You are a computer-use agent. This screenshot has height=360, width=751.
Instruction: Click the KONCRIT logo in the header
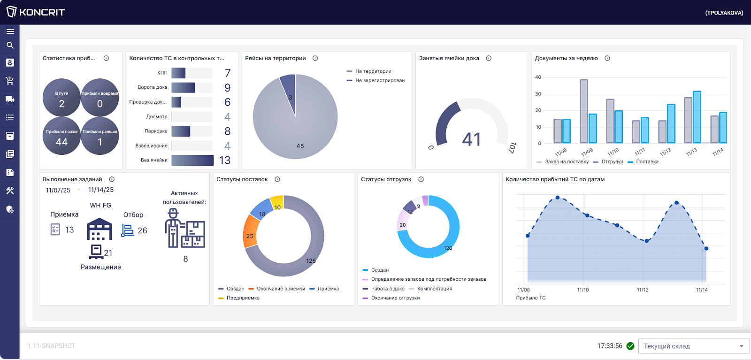pyautogui.click(x=36, y=12)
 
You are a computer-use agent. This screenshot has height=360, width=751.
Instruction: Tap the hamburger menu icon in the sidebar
pyautogui.click(x=10, y=31)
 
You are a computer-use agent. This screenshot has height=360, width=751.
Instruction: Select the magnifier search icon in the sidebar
pyautogui.click(x=10, y=45)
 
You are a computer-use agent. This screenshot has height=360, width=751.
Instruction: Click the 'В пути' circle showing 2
pyautogui.click(x=61, y=98)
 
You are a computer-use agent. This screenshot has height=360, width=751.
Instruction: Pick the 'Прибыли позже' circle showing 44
pyautogui.click(x=61, y=136)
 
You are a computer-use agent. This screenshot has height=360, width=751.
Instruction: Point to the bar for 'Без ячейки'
pyautogui.click(x=192, y=160)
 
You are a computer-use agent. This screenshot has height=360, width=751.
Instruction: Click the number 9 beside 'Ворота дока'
pyautogui.click(x=227, y=87)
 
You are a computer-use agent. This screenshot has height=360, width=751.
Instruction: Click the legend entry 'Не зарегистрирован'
pyautogui.click(x=375, y=80)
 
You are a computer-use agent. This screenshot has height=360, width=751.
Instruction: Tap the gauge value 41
pyautogui.click(x=471, y=139)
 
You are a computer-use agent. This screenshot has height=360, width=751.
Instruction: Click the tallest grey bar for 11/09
pyautogui.click(x=584, y=111)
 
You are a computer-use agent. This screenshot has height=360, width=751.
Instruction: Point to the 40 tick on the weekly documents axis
pyautogui.click(x=538, y=77)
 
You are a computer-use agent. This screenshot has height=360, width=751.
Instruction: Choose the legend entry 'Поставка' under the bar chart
pyautogui.click(x=643, y=161)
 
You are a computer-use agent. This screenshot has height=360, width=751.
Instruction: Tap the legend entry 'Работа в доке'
pyautogui.click(x=383, y=289)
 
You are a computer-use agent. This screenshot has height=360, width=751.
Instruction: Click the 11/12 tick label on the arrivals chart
pyautogui.click(x=643, y=290)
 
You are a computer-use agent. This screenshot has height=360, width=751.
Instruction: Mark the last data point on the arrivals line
pyautogui.click(x=706, y=248)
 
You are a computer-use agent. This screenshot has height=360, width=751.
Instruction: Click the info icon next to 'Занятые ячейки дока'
pyautogui.click(x=489, y=58)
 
